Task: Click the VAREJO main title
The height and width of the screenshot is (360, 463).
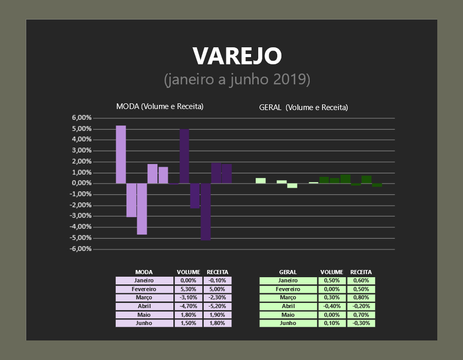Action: click(237, 56)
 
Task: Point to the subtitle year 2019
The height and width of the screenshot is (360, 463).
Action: click(292, 79)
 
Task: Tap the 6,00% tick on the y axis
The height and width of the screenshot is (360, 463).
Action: click(81, 118)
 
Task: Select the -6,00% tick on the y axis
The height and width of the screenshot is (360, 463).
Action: click(81, 249)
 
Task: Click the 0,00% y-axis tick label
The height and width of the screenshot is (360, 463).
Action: click(81, 183)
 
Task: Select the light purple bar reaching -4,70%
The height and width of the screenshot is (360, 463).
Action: click(142, 209)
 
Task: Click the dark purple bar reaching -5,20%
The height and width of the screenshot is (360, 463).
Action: click(205, 211)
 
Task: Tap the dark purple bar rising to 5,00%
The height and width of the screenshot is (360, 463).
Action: click(184, 156)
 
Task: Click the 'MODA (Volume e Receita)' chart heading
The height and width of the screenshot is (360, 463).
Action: click(160, 106)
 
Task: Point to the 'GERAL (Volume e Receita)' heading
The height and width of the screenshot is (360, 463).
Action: click(304, 107)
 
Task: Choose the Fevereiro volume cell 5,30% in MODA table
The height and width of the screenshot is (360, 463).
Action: click(188, 289)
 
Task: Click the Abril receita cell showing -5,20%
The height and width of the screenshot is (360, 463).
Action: click(217, 307)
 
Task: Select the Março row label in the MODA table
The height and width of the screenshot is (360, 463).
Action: click(144, 297)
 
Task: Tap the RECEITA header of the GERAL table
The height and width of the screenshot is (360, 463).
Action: click(361, 272)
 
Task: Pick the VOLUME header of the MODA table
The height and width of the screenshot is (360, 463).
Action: click(188, 272)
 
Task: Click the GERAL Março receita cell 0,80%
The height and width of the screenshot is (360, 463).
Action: click(361, 297)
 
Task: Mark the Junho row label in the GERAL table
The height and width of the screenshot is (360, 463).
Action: click(288, 323)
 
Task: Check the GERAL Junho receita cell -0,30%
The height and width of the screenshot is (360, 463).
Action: click(361, 323)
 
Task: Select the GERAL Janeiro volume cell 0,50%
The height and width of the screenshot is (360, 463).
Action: click(332, 280)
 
